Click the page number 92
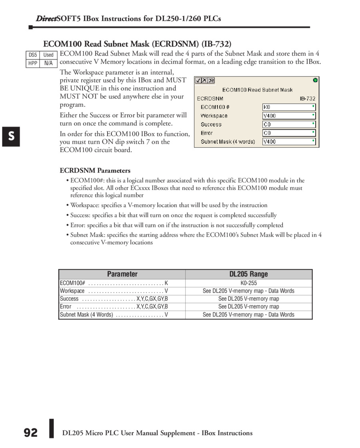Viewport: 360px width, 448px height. tap(30, 433)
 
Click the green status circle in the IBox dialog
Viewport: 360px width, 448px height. tap(315, 80)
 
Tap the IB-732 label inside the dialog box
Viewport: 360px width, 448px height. tap(308, 98)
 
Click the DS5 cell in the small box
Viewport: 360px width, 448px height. tap(33, 55)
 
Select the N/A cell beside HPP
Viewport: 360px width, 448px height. tap(48, 63)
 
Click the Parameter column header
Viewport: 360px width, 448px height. tap(122, 274)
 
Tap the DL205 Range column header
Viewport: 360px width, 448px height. tap(248, 274)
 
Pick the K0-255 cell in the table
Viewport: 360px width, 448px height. tap(248, 283)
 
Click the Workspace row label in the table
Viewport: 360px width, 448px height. tap(72, 291)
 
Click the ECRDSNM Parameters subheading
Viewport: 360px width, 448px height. tap(95, 171)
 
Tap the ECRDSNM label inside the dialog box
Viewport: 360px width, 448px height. tap(210, 98)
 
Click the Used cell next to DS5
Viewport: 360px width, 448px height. tap(48, 55)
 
